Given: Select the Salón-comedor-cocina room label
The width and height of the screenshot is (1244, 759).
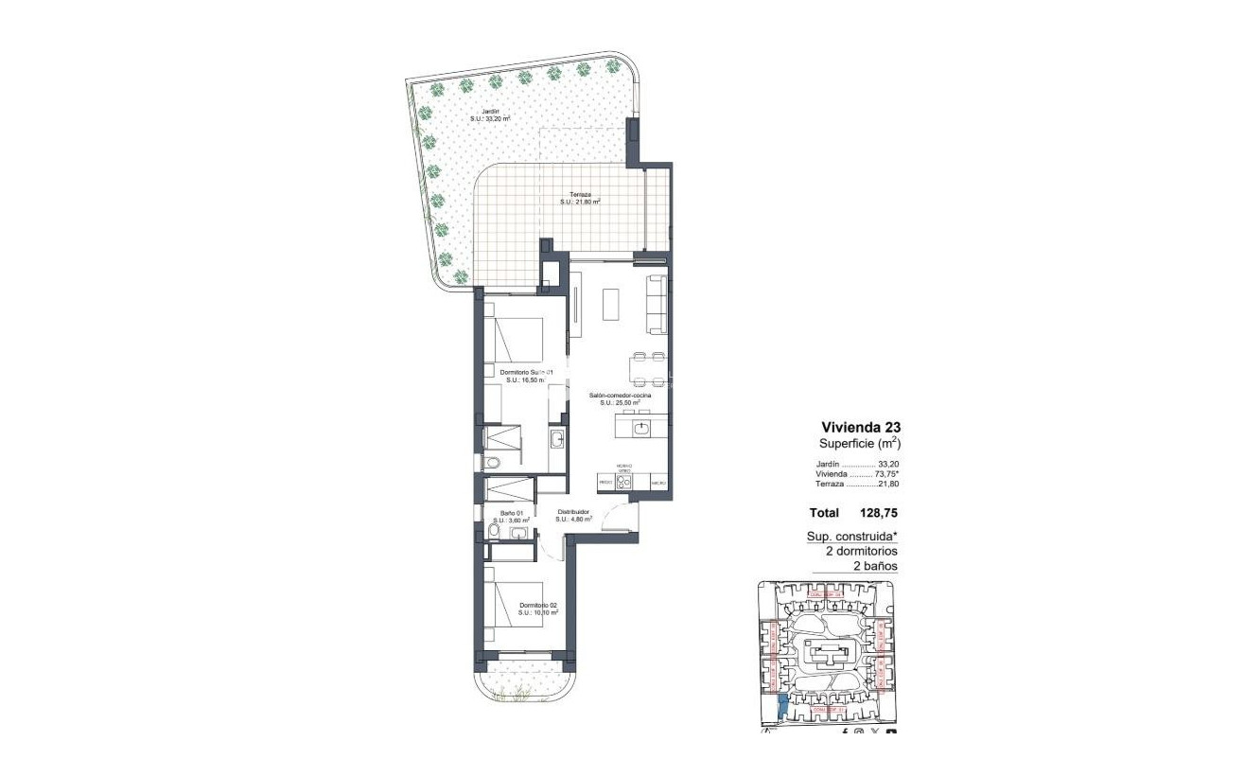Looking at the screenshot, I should point(620,397).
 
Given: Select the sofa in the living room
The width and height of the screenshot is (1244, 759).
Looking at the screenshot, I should point(657,304).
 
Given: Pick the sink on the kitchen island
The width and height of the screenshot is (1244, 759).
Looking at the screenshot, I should point(642,429).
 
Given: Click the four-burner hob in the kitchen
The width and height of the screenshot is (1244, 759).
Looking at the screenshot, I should point(624,482).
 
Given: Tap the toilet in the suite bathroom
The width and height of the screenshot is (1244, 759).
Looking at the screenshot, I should point(492,463).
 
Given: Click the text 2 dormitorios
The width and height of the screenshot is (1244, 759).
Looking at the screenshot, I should point(855,551).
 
